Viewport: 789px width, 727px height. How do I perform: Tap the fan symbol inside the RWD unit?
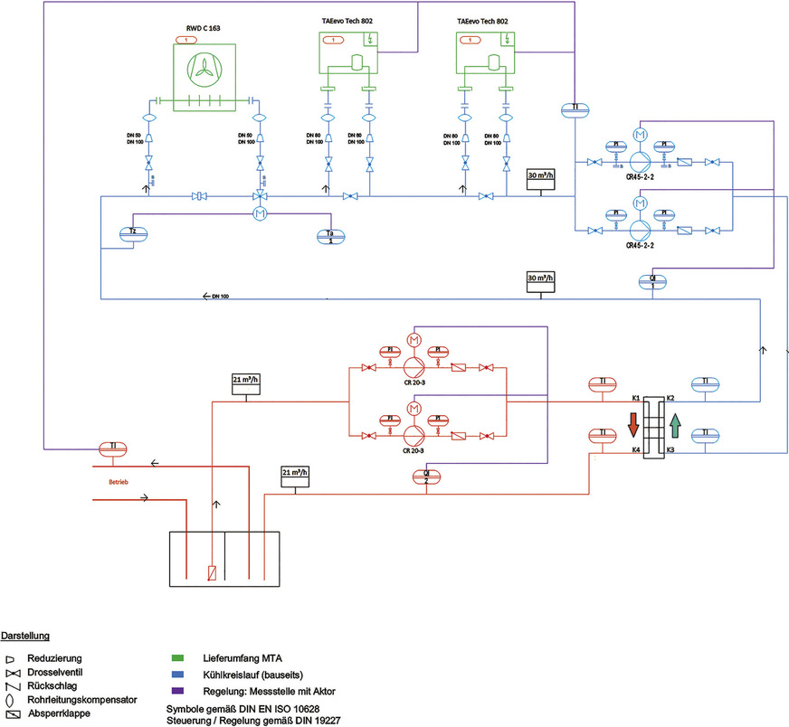tap(204, 71)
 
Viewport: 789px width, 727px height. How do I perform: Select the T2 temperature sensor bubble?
tap(133, 233)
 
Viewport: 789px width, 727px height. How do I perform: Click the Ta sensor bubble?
tap(332, 235)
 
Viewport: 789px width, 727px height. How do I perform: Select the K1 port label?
tap(636, 398)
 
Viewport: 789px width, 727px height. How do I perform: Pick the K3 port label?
tap(670, 449)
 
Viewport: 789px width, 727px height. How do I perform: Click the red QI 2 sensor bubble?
tap(426, 477)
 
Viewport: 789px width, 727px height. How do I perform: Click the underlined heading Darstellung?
tap(25, 637)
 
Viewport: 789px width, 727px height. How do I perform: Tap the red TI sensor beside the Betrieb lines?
tap(114, 448)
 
